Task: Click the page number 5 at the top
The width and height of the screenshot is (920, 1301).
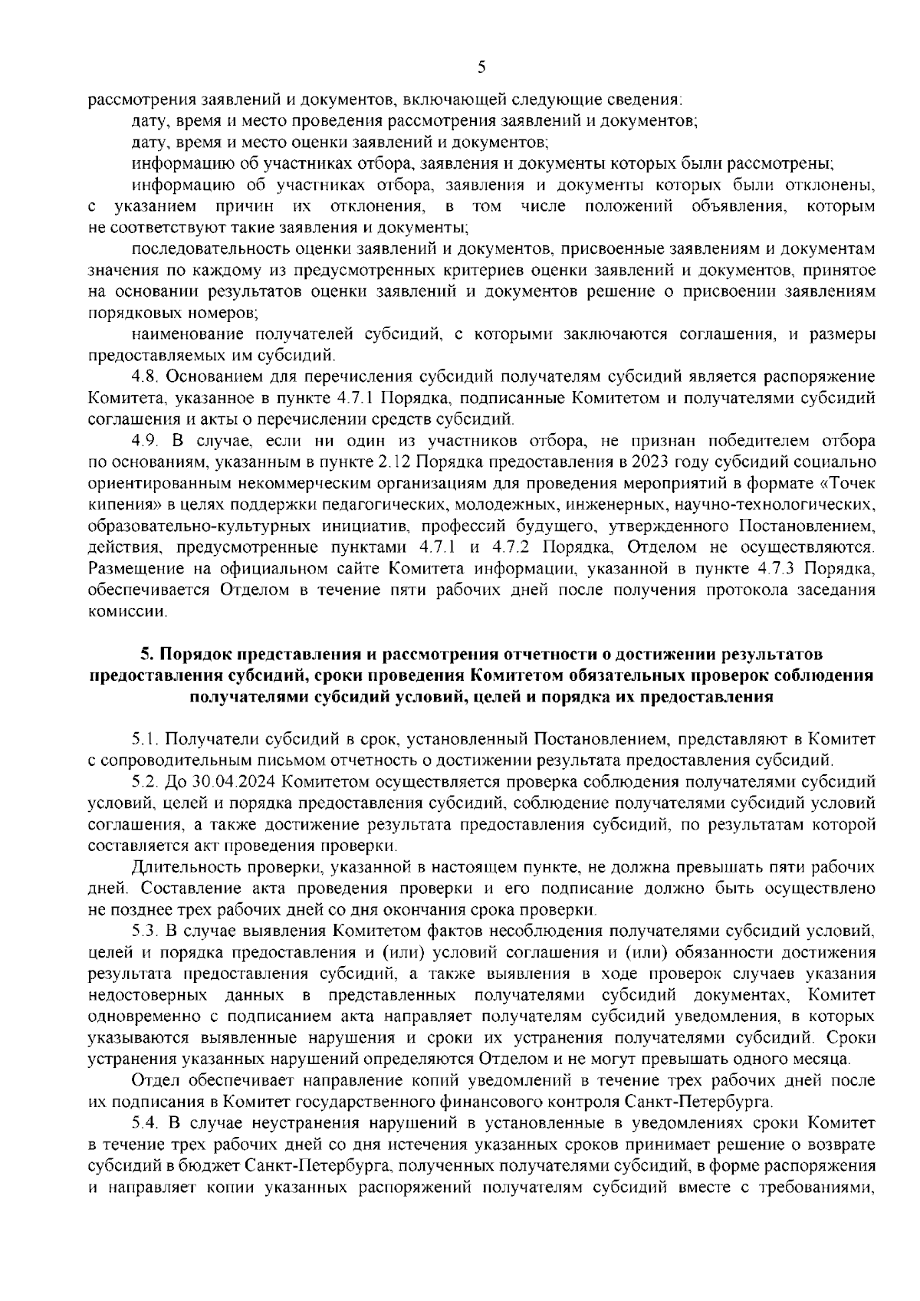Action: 481,67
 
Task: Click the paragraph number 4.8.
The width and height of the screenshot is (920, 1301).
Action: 146,377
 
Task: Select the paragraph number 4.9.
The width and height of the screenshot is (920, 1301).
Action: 146,442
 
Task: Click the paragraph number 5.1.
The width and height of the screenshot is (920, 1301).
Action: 146,739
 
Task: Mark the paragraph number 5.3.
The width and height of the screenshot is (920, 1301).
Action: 146,931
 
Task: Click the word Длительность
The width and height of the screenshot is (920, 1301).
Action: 181,868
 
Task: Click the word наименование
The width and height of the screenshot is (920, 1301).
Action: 181,334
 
